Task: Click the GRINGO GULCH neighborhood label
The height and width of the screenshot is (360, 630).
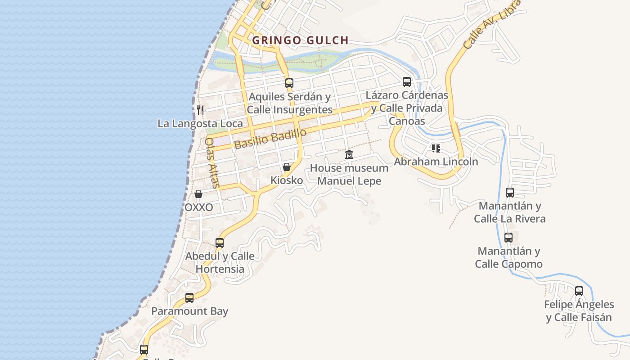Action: click(x=300, y=40)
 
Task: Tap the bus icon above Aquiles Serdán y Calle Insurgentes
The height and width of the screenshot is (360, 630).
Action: click(x=289, y=83)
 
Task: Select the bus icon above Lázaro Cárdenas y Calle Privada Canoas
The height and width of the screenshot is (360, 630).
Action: click(x=407, y=82)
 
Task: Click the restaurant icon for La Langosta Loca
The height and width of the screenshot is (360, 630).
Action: click(x=200, y=110)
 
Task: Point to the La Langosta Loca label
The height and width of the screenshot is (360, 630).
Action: click(x=200, y=123)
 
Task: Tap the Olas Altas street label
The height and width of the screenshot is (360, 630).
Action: click(x=212, y=163)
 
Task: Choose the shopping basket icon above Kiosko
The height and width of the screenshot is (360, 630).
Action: click(x=287, y=167)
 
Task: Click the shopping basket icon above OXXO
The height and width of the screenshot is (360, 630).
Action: click(x=198, y=194)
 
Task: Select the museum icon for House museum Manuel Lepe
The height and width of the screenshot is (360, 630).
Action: click(x=349, y=155)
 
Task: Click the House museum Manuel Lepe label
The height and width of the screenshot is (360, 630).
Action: click(x=349, y=175)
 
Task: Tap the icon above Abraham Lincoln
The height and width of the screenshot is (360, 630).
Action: click(x=436, y=148)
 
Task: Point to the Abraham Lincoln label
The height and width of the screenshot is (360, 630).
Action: click(x=436, y=162)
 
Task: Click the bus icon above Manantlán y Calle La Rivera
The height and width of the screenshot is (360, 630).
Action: click(x=510, y=193)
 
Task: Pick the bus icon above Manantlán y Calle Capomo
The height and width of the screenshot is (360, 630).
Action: click(x=508, y=238)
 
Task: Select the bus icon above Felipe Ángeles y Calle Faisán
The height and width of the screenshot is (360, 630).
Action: click(x=579, y=291)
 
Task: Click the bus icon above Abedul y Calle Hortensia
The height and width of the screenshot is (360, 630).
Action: click(x=220, y=243)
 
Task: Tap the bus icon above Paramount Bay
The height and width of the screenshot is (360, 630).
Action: click(x=189, y=298)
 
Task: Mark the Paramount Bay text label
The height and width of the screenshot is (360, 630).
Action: click(x=189, y=311)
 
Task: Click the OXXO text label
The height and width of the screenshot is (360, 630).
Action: click(x=198, y=208)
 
